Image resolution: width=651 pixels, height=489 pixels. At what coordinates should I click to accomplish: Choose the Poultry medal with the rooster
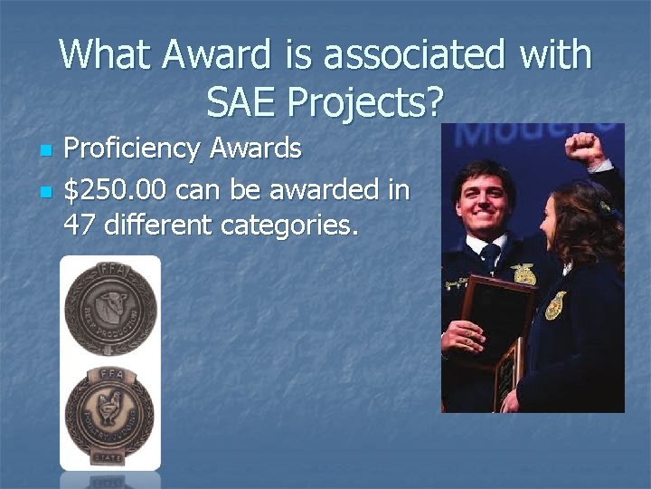(x=109, y=407)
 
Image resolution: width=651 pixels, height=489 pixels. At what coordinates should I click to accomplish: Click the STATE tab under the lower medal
(x=109, y=458)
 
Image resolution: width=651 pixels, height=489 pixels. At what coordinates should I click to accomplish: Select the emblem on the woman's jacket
(x=555, y=305)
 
